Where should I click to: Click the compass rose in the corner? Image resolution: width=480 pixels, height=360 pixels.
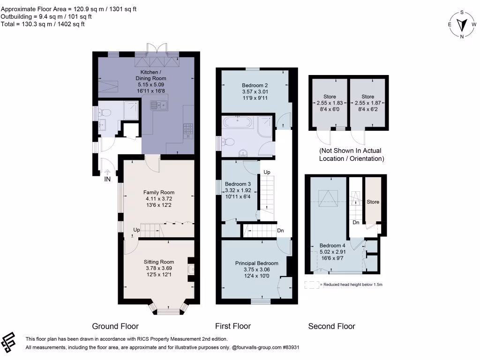pyautogui.click(x=462, y=24)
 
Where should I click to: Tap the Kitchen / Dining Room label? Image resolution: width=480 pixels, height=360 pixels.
pyautogui.click(x=151, y=75)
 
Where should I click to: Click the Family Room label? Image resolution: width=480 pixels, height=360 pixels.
pyautogui.click(x=158, y=192)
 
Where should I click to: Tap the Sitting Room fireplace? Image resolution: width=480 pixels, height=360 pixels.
pyautogui.click(x=191, y=269)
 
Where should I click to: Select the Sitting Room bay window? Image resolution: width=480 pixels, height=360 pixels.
pyautogui.click(x=168, y=309)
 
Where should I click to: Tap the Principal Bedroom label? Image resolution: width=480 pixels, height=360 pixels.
pyautogui.click(x=256, y=263)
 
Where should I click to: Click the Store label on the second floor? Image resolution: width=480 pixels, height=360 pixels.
pyautogui.click(x=373, y=202)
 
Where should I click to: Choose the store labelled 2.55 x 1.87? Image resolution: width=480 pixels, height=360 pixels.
pyautogui.click(x=368, y=103)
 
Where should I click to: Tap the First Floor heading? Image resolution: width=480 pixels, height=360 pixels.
pyautogui.click(x=232, y=326)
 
